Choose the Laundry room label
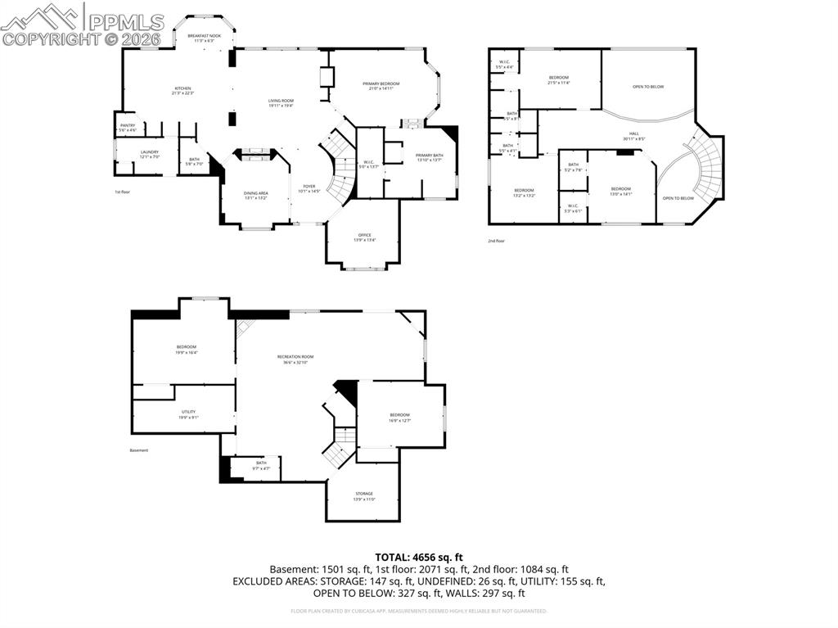[x=149, y=153]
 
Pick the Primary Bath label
[x=429, y=157]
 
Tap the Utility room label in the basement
[x=188, y=414]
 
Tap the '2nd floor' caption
[x=496, y=241]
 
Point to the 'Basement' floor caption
[x=139, y=450]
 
